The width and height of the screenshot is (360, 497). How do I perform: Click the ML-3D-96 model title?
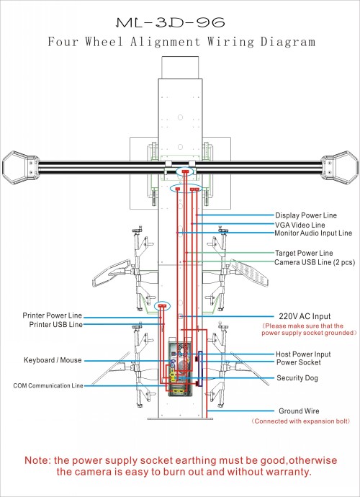[171, 22]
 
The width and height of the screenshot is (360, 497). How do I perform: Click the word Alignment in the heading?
[165, 42]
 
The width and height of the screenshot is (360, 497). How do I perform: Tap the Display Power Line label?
[306, 215]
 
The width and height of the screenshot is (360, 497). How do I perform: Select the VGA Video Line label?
[300, 225]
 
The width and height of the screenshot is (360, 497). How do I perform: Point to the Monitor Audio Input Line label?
[313, 233]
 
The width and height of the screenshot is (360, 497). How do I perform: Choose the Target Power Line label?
[304, 254]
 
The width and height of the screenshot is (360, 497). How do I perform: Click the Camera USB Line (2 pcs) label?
[315, 262]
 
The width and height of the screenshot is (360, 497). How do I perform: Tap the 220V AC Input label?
[305, 316]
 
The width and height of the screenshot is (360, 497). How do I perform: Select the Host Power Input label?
[303, 354]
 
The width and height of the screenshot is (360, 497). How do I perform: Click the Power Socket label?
[299, 362]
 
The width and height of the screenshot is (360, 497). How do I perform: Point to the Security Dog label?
[297, 378]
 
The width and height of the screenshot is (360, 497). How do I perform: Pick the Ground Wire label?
[299, 411]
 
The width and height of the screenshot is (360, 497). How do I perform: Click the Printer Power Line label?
[53, 315]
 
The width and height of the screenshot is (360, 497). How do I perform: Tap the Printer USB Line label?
[55, 325]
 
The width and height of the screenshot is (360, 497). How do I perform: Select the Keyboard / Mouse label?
[53, 360]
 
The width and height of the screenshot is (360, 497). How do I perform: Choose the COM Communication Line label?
[48, 386]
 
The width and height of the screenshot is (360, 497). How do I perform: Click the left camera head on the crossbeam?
[20, 168]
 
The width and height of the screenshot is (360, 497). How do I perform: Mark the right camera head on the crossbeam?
[340, 168]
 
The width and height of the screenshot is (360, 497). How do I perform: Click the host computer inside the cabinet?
[180, 367]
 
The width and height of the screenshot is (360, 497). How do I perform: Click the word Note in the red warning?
[37, 460]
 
